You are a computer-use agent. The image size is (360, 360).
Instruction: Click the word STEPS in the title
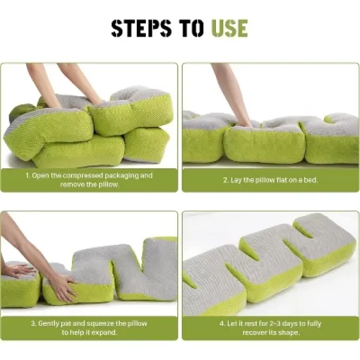(x=141, y=28)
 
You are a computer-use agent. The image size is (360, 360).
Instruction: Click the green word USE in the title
(x=230, y=28)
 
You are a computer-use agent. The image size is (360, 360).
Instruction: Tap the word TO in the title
(x=191, y=28)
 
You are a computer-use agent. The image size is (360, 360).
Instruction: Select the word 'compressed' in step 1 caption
(x=83, y=175)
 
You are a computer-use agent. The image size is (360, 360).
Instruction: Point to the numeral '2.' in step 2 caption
(x=226, y=180)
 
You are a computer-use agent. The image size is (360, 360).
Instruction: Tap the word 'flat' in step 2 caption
(x=282, y=180)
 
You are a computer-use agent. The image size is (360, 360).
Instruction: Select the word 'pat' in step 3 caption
(x=66, y=324)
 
